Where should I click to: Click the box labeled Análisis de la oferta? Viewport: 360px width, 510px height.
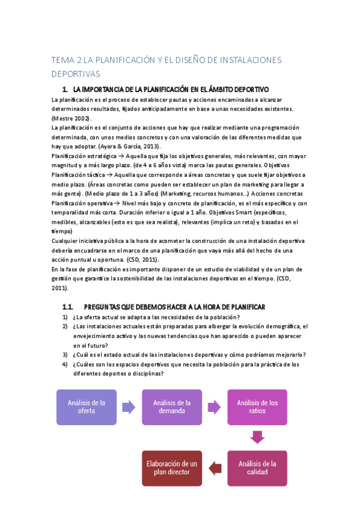coord(87,407)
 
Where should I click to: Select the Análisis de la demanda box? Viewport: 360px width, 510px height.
coord(172,407)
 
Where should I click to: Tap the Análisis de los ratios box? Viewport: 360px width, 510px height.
coord(257,407)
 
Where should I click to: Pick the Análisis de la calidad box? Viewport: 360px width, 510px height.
coord(257,468)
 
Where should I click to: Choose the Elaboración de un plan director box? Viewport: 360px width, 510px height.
coord(172,468)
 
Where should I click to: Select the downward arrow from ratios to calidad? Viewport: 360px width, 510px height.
coord(257,437)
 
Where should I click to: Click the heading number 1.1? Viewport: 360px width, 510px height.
coord(67,307)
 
